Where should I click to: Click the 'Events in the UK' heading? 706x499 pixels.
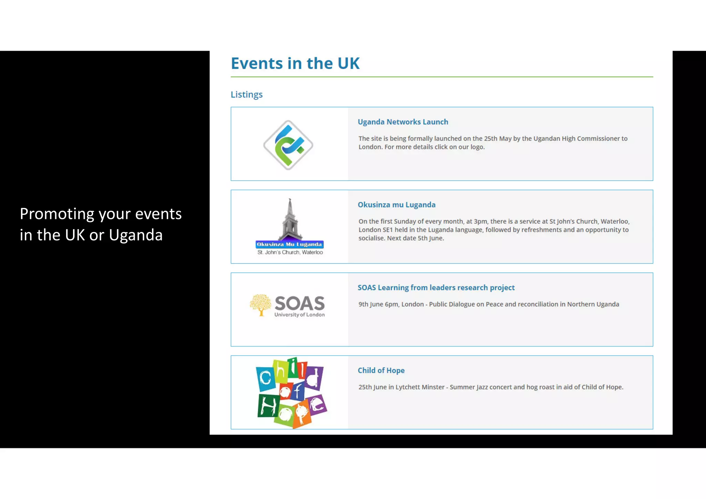click(295, 63)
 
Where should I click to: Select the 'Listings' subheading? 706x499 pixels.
click(246, 94)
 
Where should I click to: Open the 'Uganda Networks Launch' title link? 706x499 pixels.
click(403, 122)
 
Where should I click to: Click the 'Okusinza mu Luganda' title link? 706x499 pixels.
click(396, 205)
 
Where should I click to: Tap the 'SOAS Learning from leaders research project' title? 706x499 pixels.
click(436, 288)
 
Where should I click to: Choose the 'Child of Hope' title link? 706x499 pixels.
click(381, 370)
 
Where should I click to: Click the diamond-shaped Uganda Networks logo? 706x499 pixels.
click(288, 145)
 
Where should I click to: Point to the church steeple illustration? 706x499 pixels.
click(290, 219)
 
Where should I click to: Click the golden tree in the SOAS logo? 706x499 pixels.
click(261, 304)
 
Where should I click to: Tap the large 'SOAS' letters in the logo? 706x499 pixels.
click(300, 303)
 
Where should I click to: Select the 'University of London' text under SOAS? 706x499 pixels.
click(299, 315)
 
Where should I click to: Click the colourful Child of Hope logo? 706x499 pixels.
click(291, 392)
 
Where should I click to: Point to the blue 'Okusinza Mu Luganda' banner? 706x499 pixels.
click(290, 244)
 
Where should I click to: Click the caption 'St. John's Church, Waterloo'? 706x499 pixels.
click(290, 252)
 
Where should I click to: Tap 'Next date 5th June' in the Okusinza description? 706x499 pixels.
click(415, 238)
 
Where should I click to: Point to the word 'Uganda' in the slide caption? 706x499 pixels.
click(135, 235)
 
